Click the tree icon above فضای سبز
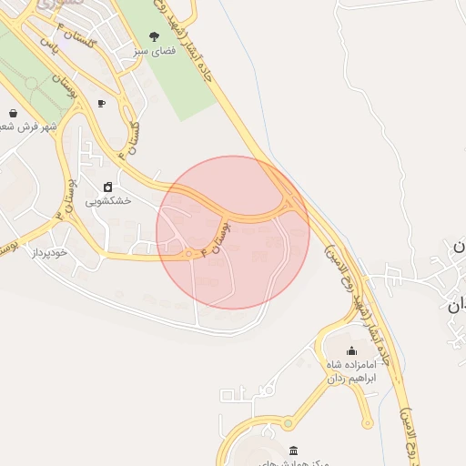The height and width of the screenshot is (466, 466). point(153,37)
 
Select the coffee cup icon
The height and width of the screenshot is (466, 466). point(101,103)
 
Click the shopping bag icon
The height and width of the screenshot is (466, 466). point(13,113)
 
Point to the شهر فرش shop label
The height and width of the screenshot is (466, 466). point(32,127)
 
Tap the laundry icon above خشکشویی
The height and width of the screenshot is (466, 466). point(108,187)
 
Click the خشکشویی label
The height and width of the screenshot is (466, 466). point(108,200)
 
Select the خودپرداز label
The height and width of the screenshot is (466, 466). point(51,251)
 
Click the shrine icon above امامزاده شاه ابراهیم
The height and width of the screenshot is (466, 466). point(351,350)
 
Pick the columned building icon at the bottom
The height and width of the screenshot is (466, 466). point(292,451)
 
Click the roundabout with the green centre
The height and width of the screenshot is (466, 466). point(288,422)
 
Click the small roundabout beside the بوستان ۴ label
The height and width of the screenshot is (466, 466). point(191,253)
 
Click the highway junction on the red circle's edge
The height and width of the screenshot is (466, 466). point(289,202)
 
